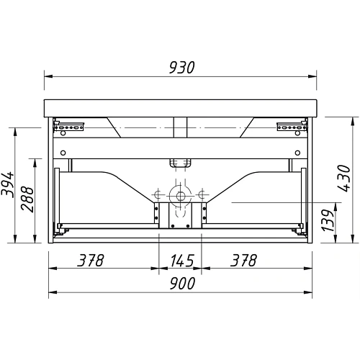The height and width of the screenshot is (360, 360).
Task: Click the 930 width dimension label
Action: [181, 68]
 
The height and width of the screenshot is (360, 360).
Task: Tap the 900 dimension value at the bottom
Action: [182, 284]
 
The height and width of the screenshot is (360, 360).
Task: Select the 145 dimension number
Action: [182, 261]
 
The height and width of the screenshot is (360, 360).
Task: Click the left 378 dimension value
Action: [90, 261]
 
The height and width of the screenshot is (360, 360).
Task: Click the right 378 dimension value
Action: [243, 261]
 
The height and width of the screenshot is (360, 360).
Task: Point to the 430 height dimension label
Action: [344, 178]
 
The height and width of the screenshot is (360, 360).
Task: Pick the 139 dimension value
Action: [328, 220]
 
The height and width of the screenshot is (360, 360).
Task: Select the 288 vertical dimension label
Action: [27, 199]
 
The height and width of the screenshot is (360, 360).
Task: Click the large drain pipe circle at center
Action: [181, 196]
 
